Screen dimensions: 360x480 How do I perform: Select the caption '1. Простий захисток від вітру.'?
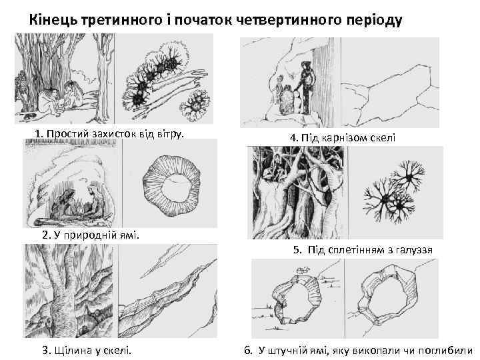pos(109,133)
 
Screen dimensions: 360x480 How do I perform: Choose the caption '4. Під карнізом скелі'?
pos(343,137)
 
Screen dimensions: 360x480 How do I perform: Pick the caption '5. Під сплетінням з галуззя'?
pos(363,250)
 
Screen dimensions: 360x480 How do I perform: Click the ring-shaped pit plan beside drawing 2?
pos(177,183)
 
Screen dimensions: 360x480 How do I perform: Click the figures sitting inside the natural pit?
pos(80,203)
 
